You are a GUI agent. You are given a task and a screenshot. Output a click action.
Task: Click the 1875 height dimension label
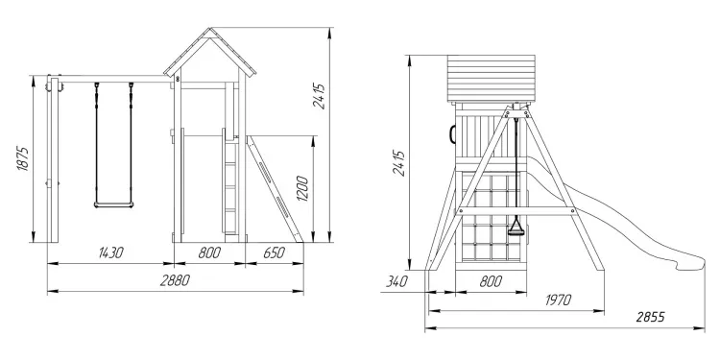(23, 158)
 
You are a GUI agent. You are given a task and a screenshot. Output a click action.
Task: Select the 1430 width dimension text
(111, 252)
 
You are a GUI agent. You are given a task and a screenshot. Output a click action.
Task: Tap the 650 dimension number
(275, 252)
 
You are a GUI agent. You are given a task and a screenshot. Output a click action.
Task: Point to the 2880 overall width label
(175, 280)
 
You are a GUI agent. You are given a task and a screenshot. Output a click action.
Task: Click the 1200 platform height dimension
(302, 189)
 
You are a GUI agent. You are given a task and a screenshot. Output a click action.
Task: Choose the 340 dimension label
(396, 281)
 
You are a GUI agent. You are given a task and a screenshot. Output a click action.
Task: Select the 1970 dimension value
(558, 300)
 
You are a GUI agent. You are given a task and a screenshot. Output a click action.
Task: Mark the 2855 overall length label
(650, 317)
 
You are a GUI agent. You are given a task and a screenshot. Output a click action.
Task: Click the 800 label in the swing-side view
(209, 252)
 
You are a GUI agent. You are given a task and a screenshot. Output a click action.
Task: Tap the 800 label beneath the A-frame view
(491, 281)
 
